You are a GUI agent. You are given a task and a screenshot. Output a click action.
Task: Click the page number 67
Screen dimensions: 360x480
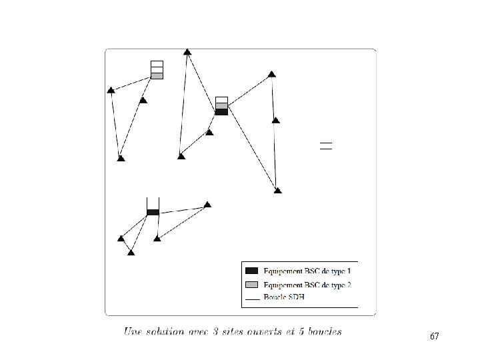click(435, 337)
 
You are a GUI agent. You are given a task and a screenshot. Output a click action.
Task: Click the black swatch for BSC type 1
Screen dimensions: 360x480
click(252, 270)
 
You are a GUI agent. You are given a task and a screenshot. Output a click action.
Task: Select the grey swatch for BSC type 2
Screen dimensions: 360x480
click(252, 285)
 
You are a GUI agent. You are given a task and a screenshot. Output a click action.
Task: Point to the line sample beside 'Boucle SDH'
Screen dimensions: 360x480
click(252, 300)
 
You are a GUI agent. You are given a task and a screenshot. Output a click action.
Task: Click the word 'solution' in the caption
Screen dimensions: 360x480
click(169, 331)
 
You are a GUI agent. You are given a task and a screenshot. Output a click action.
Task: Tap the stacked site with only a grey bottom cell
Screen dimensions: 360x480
click(157, 69)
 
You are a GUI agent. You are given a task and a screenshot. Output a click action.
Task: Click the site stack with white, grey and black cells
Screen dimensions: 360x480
click(221, 106)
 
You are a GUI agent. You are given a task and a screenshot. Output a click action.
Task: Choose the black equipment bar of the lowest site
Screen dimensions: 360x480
click(153, 212)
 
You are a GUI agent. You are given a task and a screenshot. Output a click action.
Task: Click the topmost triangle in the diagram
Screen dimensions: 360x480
click(187, 51)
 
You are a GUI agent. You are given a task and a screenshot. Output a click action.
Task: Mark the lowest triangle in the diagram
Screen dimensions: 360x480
click(131, 252)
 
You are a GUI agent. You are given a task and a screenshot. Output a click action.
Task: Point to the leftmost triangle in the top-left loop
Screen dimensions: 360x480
click(111, 90)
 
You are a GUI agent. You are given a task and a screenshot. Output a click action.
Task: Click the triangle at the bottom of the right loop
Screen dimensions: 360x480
click(277, 190)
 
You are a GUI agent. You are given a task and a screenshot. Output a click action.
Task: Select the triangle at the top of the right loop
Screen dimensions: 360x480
click(271, 73)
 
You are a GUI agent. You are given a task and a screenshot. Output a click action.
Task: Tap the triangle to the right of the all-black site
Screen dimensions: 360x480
click(207, 204)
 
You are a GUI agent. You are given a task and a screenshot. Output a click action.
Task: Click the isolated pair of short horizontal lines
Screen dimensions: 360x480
click(325, 145)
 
